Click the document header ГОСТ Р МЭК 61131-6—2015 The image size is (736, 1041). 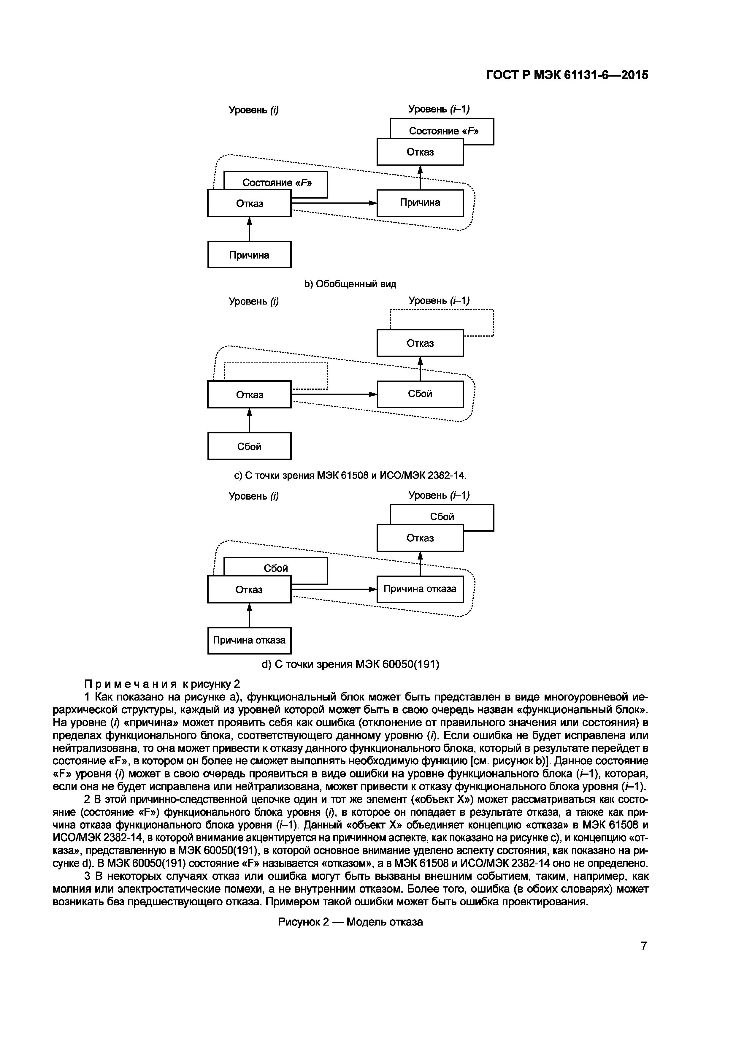[567, 75]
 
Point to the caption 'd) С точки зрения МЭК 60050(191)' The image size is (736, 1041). [350, 664]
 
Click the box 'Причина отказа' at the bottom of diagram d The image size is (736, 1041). [249, 640]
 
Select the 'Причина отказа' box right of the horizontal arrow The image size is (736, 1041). [420, 589]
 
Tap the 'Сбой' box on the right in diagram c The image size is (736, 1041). [420, 394]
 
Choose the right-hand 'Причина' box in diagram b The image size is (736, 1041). [420, 203]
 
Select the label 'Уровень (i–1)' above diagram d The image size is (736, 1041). [439, 495]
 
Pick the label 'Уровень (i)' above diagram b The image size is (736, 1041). [253, 110]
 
